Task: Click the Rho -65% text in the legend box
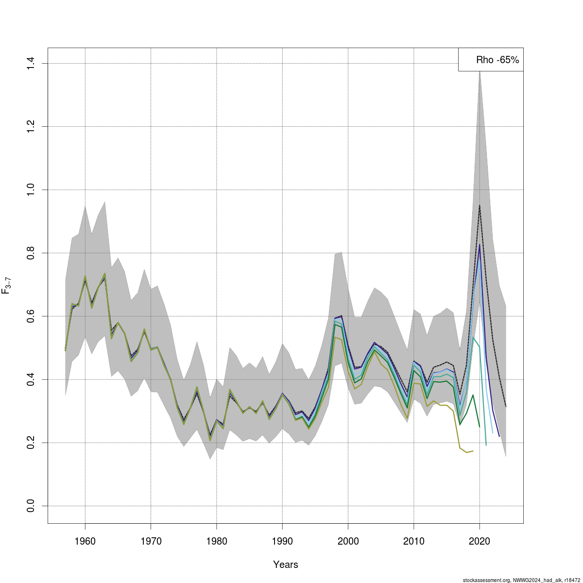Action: point(497,60)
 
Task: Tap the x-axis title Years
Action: point(286,565)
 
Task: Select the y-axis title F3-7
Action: point(7,286)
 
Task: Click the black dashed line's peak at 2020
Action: point(480,206)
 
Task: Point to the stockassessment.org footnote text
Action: point(521,580)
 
